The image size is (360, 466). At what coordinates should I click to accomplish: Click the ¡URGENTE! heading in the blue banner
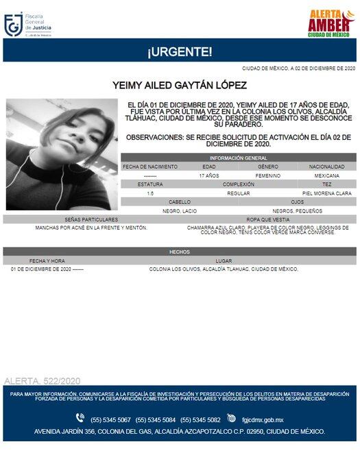tap(180, 51)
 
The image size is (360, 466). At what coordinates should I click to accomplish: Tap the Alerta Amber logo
tap(330, 24)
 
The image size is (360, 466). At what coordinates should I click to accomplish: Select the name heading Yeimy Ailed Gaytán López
tap(180, 86)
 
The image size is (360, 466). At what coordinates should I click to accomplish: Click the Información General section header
tap(238, 158)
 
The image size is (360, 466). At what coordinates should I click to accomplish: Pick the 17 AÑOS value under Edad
tap(208, 176)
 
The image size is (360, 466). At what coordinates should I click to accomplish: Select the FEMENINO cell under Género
tap(267, 176)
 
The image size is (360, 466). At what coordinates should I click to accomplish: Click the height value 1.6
tap(149, 193)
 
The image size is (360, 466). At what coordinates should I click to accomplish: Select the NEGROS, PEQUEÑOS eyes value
tap(297, 210)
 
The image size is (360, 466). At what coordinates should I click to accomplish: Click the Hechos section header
tap(180, 252)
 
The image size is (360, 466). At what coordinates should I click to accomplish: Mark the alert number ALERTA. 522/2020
tap(43, 380)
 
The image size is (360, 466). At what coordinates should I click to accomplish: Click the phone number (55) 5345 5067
tap(110, 419)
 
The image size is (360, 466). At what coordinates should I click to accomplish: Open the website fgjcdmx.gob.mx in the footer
tap(263, 419)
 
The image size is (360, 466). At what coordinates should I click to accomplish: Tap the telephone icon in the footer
tap(80, 419)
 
